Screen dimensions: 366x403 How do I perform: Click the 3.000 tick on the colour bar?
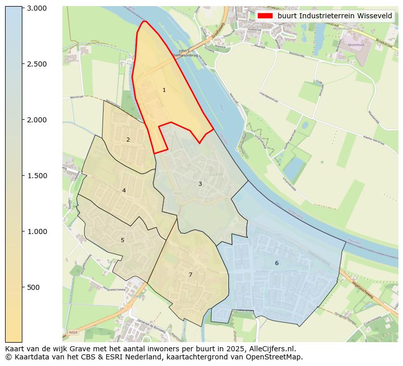click(37, 8)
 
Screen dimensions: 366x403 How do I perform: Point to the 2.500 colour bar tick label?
click(37, 64)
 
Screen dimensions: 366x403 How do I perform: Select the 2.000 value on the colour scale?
click(37, 120)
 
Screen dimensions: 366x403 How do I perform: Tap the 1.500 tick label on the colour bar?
click(37, 176)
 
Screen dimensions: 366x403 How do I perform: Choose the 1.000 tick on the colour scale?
click(37, 231)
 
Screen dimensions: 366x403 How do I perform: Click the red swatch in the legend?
click(265, 16)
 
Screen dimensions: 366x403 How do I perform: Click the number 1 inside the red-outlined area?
click(164, 90)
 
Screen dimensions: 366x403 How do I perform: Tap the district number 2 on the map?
click(128, 140)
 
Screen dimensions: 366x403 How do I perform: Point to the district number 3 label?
click(200, 184)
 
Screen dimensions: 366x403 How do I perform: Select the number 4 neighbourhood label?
click(124, 191)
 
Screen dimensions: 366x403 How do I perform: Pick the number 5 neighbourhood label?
click(122, 240)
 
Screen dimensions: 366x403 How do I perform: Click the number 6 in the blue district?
click(277, 263)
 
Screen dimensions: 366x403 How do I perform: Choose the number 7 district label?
click(190, 275)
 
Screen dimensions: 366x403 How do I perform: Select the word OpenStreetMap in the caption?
click(276, 357)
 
